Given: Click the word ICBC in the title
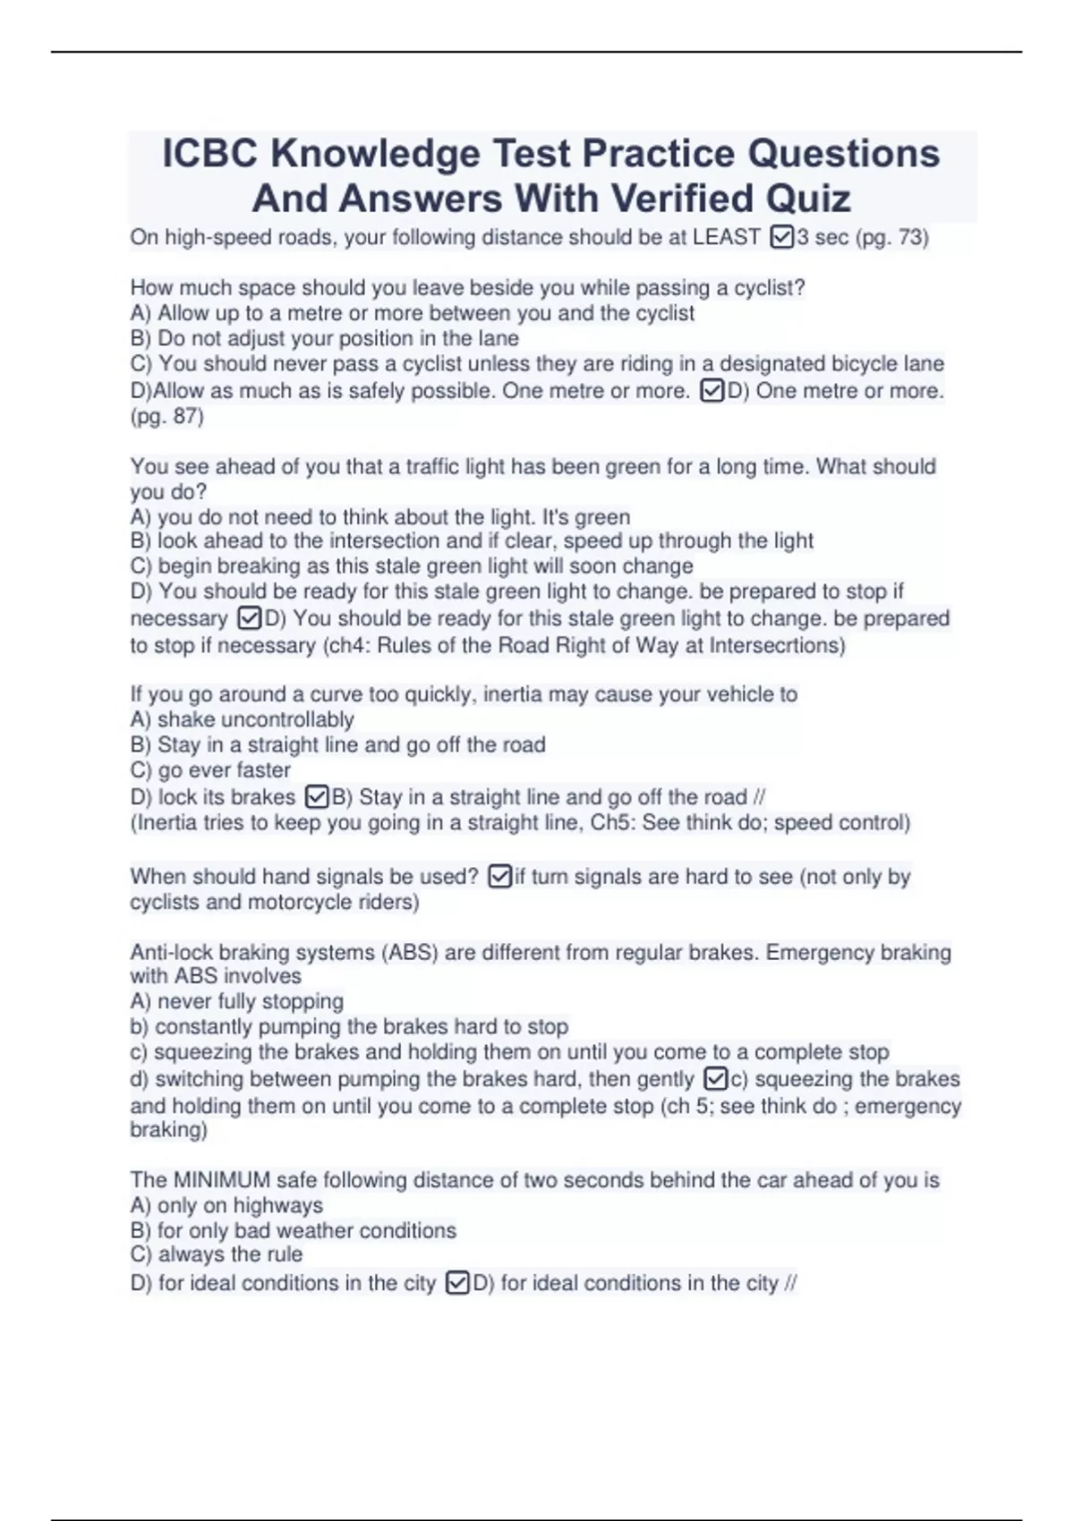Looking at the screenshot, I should point(210,154).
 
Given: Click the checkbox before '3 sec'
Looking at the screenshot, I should point(781,238).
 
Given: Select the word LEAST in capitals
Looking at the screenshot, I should point(726,238).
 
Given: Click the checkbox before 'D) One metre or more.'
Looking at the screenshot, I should point(712,392).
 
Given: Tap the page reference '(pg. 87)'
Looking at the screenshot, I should point(167,417).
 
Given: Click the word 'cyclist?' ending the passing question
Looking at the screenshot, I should point(770,288).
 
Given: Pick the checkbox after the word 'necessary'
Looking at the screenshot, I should point(250,619).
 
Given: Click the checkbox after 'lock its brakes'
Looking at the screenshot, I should point(317,797).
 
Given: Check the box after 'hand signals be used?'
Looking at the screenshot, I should point(500,877).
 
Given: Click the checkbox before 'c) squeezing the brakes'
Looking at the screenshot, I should point(716,1080).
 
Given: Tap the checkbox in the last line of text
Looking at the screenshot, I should point(456,1284).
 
